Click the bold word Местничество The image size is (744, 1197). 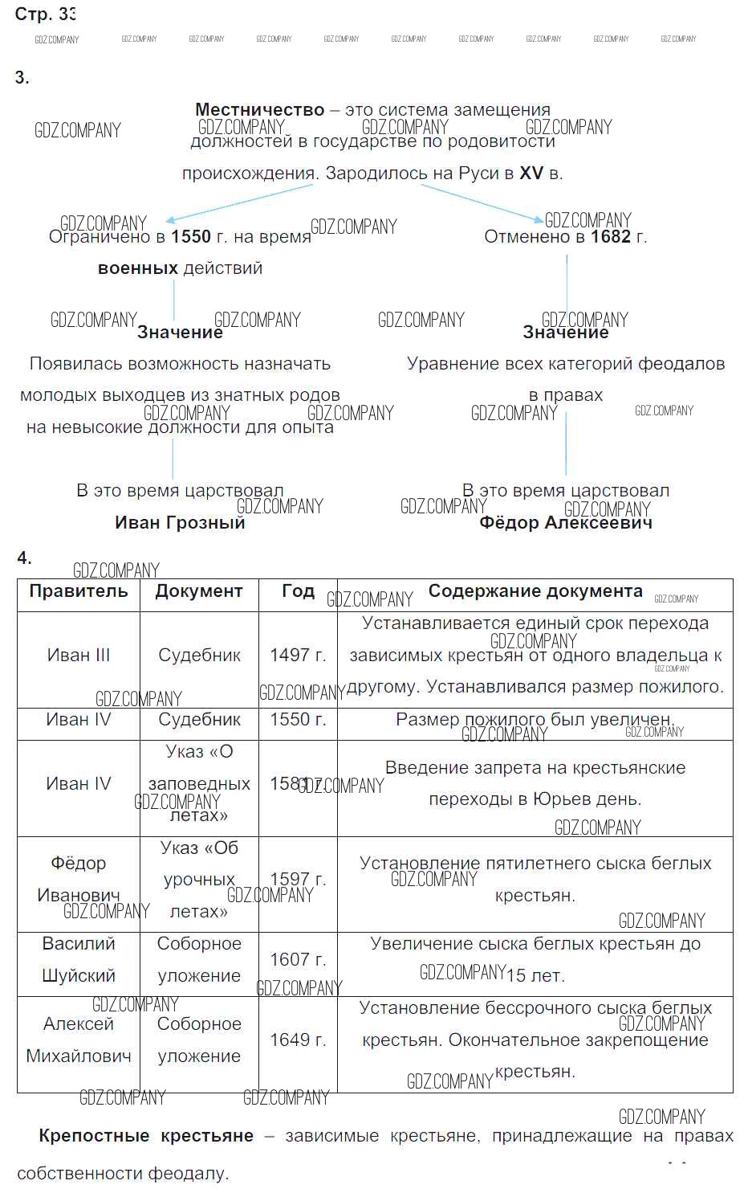259,110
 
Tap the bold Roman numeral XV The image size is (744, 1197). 531,173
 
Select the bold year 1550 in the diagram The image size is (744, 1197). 191,237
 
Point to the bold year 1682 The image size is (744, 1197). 611,237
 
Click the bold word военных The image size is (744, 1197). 138,268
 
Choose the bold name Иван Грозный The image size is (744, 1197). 180,523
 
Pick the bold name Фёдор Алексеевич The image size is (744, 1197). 566,523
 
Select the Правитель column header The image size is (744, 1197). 79,591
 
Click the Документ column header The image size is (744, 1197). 199,591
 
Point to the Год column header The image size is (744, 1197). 298,591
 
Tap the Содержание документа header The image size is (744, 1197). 535,591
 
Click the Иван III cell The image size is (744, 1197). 79,656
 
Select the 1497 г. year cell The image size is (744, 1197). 298,656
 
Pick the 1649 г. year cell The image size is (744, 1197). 298,1040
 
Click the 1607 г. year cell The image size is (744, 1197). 298,960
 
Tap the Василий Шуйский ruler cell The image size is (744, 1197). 79,960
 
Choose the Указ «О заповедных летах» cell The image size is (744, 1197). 199,784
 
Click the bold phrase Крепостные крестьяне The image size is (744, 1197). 146,1136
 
